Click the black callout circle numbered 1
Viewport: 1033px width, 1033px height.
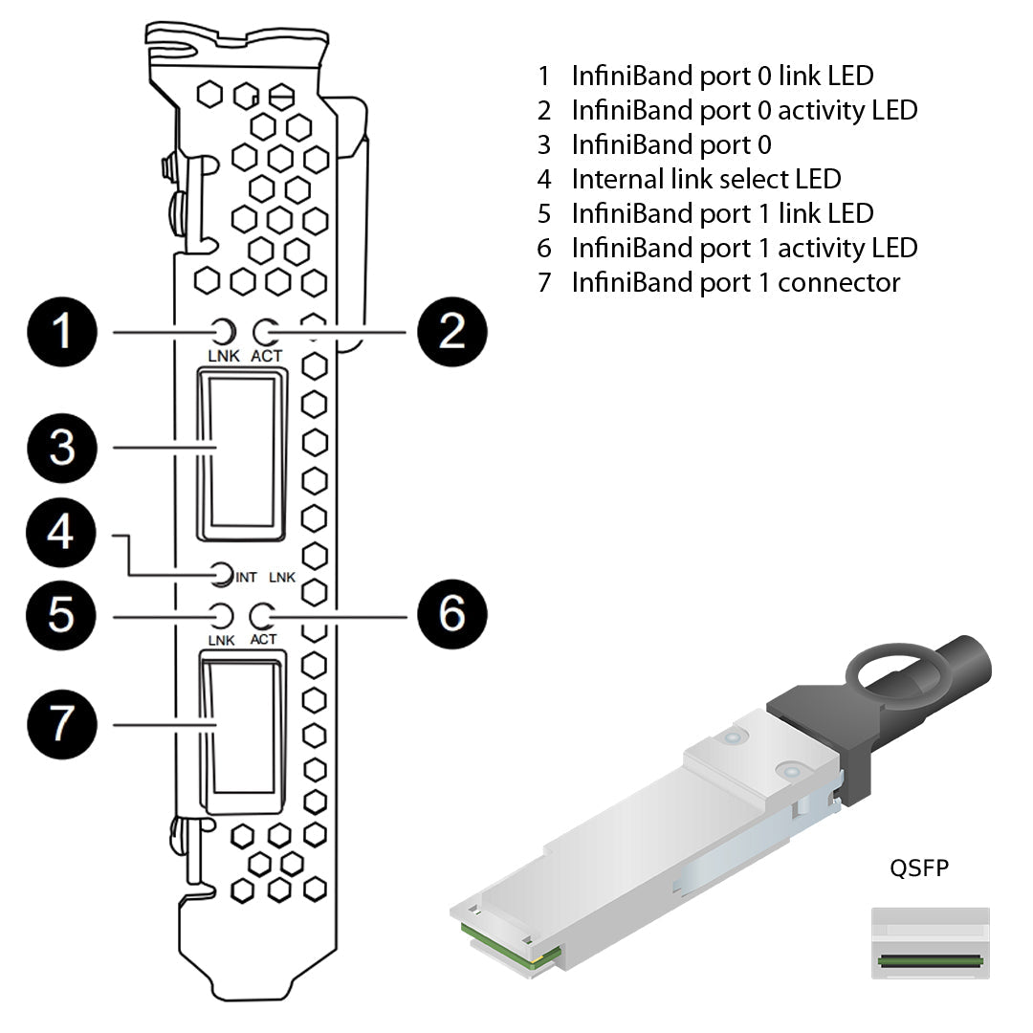click(x=62, y=332)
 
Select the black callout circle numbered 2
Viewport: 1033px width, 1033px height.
click(x=451, y=332)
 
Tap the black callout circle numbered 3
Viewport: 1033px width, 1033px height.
click(x=62, y=447)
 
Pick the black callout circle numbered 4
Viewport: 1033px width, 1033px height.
click(x=62, y=532)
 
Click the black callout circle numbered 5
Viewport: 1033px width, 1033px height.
click(x=62, y=615)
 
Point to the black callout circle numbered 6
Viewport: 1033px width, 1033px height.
click(x=451, y=615)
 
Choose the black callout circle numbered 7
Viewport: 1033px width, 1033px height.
click(x=62, y=724)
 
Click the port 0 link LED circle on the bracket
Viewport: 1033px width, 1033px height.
click(x=223, y=332)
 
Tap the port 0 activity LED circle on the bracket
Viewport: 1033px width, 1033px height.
click(x=266, y=332)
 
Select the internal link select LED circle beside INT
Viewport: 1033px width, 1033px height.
click(x=222, y=575)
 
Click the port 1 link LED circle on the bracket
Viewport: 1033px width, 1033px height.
click(x=222, y=615)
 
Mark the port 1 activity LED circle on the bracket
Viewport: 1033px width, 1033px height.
click(x=262, y=615)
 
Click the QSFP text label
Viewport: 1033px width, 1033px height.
click(x=919, y=868)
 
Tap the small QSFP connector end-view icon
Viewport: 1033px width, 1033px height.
click(x=930, y=943)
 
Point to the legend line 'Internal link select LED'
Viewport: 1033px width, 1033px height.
click(x=706, y=179)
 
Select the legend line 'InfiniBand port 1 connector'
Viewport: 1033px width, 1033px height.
click(x=736, y=282)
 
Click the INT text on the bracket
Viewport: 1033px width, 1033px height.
click(x=247, y=577)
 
